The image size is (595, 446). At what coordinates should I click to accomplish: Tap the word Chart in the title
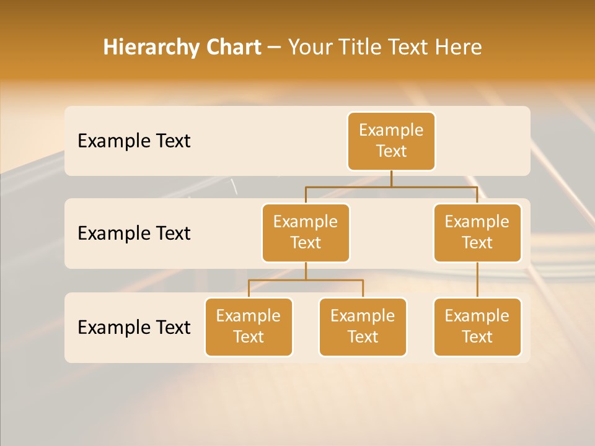(x=232, y=48)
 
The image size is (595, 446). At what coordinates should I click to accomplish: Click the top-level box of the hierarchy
(x=391, y=141)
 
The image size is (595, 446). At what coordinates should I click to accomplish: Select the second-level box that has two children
(x=306, y=232)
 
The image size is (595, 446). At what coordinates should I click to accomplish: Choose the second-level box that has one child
(x=477, y=232)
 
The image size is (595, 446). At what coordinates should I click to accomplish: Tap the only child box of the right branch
(x=477, y=326)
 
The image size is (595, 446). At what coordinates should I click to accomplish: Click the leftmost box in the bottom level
(x=249, y=326)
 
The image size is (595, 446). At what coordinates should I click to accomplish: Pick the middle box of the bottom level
(x=363, y=326)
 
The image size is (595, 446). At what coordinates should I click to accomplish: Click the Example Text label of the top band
(x=134, y=141)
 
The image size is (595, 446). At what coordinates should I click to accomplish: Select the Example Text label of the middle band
(x=134, y=233)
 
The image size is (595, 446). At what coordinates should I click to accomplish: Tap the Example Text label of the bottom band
(x=134, y=327)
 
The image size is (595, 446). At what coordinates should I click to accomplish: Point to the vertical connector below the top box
(x=391, y=178)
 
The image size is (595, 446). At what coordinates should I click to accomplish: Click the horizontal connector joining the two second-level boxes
(x=391, y=186)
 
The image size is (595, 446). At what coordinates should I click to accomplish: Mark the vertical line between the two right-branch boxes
(x=477, y=279)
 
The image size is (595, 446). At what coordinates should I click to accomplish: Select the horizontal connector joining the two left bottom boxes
(x=306, y=280)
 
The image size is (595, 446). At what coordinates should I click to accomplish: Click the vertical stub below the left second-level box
(x=306, y=271)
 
